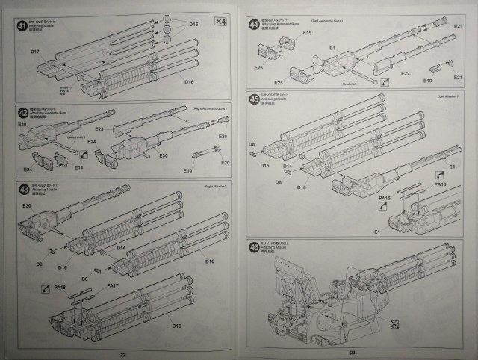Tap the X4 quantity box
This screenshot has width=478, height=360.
click(x=220, y=21)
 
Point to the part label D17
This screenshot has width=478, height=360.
click(x=35, y=51)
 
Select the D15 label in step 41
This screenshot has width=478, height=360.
click(x=193, y=25)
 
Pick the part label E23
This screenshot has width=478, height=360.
click(x=99, y=129)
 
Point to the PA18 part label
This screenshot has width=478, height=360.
click(x=61, y=286)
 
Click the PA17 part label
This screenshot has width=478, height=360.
click(x=113, y=286)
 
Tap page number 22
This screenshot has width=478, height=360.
click(x=123, y=352)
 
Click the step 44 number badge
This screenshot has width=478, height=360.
click(x=255, y=25)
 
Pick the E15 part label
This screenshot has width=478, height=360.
click(x=307, y=33)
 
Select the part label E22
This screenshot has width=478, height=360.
click(x=406, y=73)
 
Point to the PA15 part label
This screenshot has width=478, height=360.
click(x=385, y=198)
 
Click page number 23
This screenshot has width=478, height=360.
click(x=351, y=352)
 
